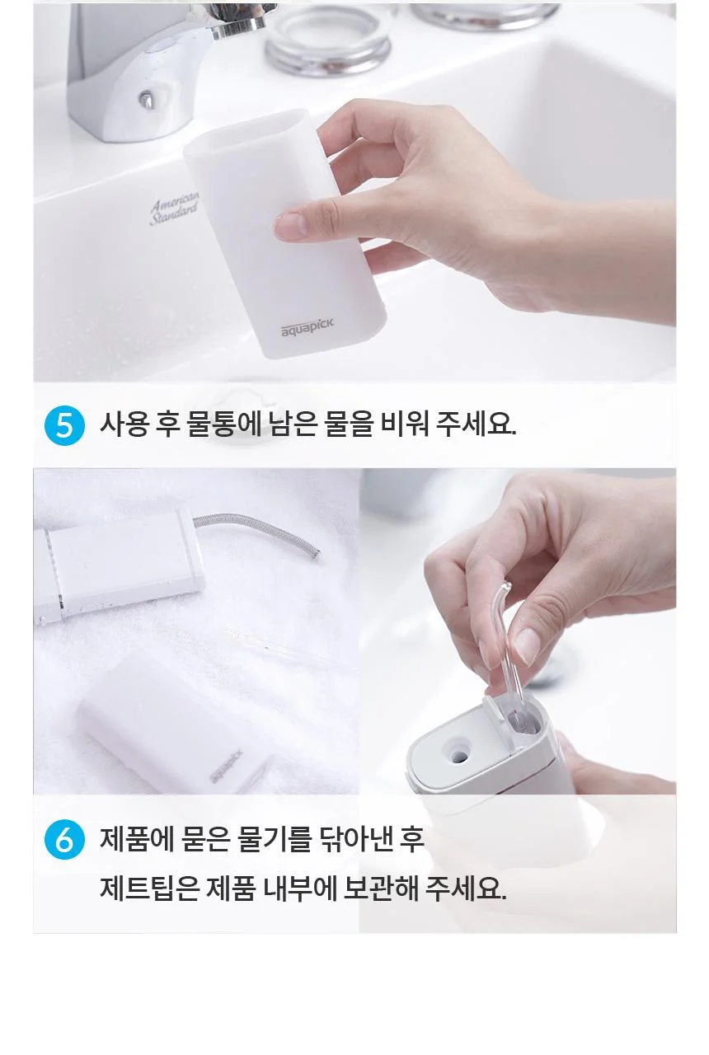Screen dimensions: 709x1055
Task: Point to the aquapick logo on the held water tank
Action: click(x=308, y=327)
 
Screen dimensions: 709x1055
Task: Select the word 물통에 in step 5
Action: click(x=224, y=424)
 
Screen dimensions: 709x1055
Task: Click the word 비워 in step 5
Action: click(x=404, y=424)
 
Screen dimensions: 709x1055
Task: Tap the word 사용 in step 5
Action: click(x=124, y=424)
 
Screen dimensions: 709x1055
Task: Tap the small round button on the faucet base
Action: click(x=147, y=100)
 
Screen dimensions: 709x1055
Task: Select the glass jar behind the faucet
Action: click(x=328, y=40)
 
